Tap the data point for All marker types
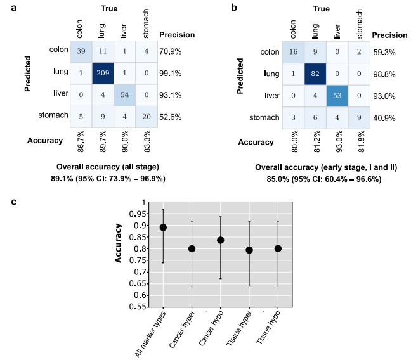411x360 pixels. pos(163,228)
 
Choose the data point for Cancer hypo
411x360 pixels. pos(220,240)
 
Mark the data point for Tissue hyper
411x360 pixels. pos(249,250)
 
